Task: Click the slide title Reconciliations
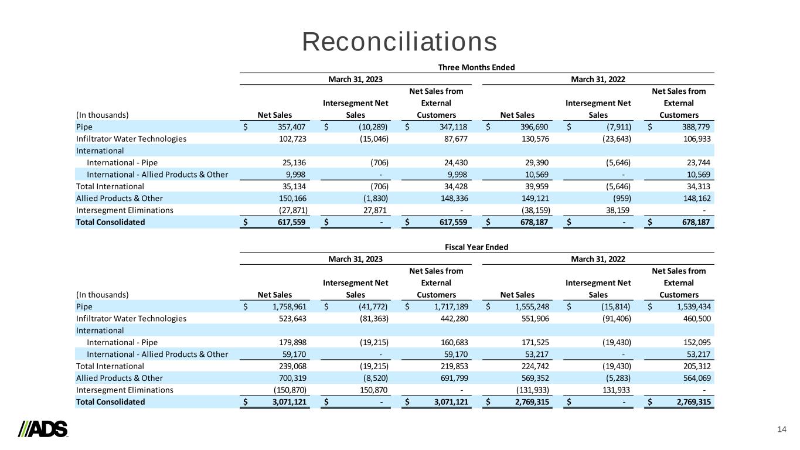400,42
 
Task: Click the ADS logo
43,429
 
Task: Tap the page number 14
781,429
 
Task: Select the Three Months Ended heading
476,67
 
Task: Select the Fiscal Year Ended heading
476,247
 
